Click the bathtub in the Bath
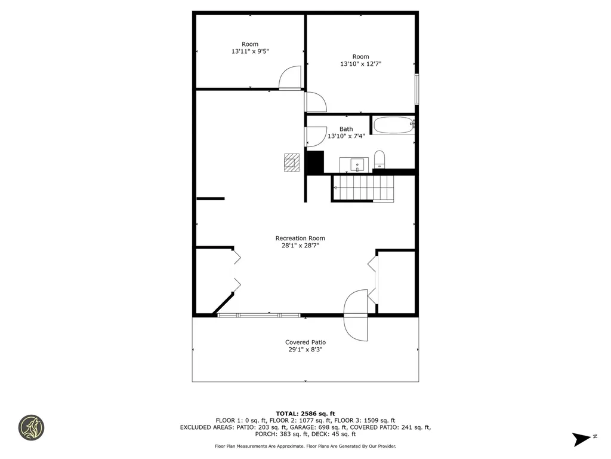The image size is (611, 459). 393,126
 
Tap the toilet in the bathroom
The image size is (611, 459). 379,160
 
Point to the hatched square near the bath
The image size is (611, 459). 291,163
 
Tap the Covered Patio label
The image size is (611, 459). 305,342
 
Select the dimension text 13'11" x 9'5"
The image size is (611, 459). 250,51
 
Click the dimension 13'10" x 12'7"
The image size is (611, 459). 361,64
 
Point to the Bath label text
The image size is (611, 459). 346,129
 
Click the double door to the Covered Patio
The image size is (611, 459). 357,315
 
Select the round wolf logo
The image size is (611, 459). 30,427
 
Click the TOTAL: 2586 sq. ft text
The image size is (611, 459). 305,414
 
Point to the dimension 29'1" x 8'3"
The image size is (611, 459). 305,350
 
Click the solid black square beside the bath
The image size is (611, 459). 314,163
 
